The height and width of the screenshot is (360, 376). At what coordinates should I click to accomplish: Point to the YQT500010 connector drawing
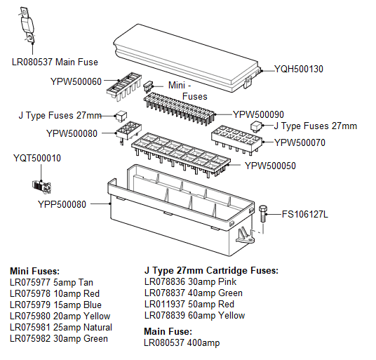39,185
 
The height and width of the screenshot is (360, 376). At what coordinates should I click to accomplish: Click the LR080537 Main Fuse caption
55,62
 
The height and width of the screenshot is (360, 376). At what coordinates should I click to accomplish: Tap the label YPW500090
258,114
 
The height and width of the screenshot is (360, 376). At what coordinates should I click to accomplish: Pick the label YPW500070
300,142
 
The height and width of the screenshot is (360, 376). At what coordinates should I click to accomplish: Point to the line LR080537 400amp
178,342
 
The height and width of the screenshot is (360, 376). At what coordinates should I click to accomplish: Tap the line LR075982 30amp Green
59,339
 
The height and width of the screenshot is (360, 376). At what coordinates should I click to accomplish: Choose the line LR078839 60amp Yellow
194,316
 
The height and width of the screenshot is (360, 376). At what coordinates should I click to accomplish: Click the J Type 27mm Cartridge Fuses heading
211,270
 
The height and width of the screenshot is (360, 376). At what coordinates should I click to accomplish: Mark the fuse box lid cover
186,56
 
